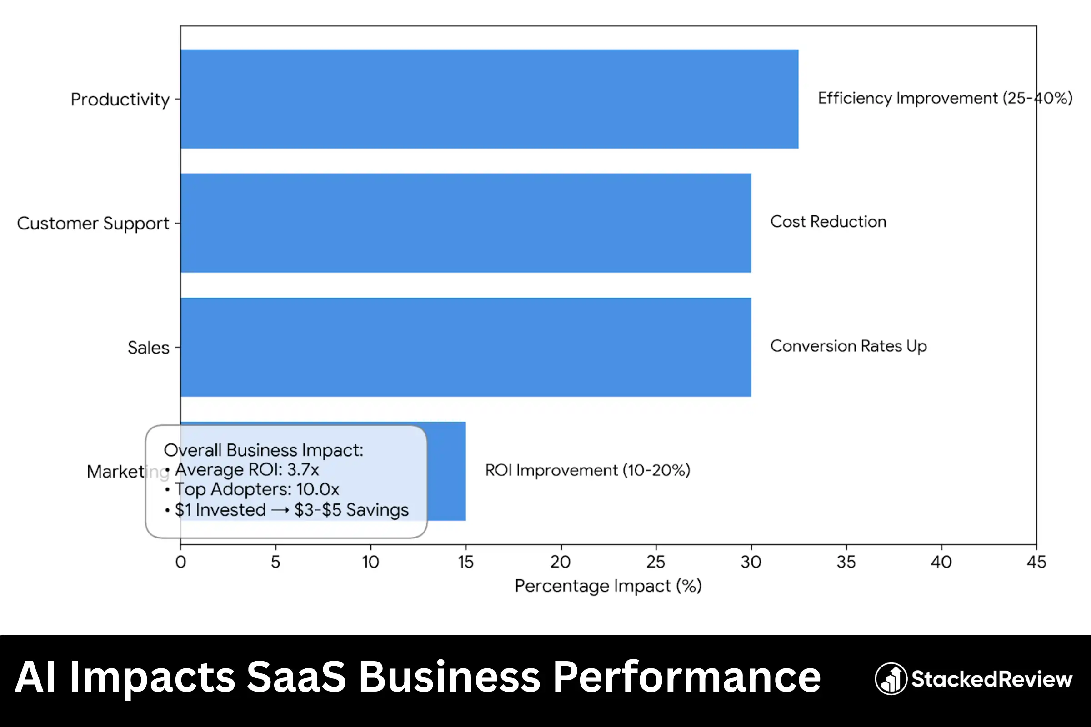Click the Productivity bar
pyautogui.click(x=490, y=99)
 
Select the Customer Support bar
pyautogui.click(x=465, y=223)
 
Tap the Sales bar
pyautogui.click(x=465, y=347)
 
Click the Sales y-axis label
pyautogui.click(x=149, y=348)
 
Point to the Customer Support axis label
pyautogui.click(x=93, y=224)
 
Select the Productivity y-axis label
pyautogui.click(x=120, y=99)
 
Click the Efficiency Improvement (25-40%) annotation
pyautogui.click(x=945, y=98)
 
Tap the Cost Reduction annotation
pyautogui.click(x=828, y=222)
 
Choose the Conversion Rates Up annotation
pyautogui.click(x=848, y=346)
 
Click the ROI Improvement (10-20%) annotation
pyautogui.click(x=588, y=470)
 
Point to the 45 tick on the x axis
pyautogui.click(x=1036, y=562)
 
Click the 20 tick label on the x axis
pyautogui.click(x=561, y=562)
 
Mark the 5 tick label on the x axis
pyautogui.click(x=275, y=562)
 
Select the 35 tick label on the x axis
pyautogui.click(x=846, y=562)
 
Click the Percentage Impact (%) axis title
pyautogui.click(x=608, y=586)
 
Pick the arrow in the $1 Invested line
pyautogui.click(x=280, y=510)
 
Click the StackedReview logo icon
pyautogui.click(x=891, y=679)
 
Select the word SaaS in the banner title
pyautogui.click(x=296, y=677)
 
